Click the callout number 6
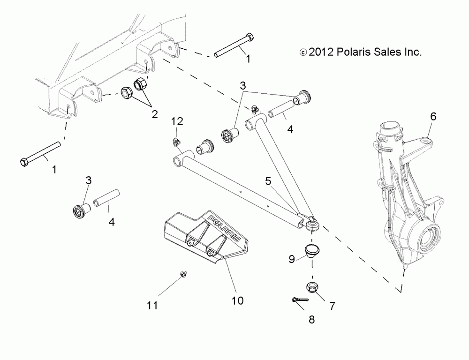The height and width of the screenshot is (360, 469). point(433,117)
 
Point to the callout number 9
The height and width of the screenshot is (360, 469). point(291,258)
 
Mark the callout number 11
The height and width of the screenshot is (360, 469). point(152,305)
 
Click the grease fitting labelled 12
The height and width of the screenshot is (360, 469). point(176,141)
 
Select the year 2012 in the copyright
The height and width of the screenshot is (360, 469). point(320,52)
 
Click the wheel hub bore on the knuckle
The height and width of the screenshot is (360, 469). point(428,233)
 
